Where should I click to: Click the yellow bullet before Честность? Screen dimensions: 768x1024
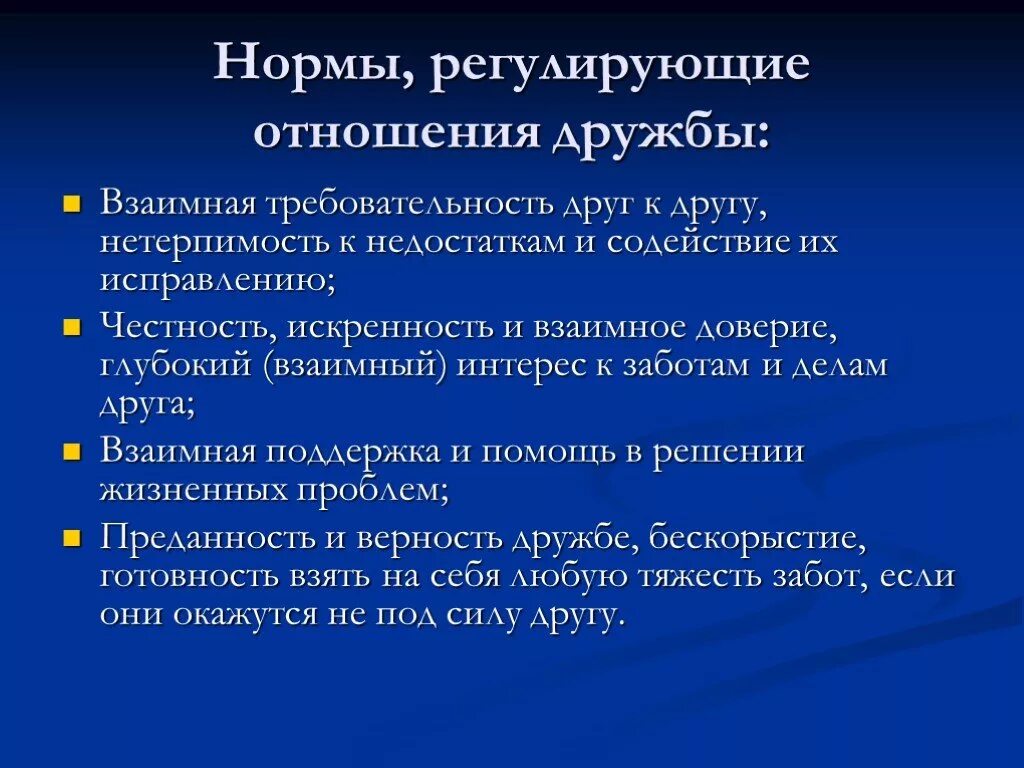point(71,329)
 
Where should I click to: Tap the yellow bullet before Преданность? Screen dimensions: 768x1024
point(71,540)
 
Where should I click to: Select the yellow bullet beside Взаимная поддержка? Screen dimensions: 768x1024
point(71,452)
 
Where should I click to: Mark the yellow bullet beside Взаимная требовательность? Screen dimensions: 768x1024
point(71,205)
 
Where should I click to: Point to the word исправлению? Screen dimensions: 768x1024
point(217,280)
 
